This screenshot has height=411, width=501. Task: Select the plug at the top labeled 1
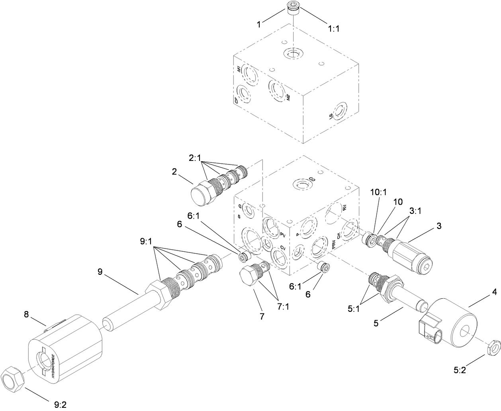point(293,8)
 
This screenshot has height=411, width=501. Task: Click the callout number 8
point(27,315)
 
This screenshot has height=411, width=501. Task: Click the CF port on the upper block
point(243,94)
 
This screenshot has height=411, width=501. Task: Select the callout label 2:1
point(196,158)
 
